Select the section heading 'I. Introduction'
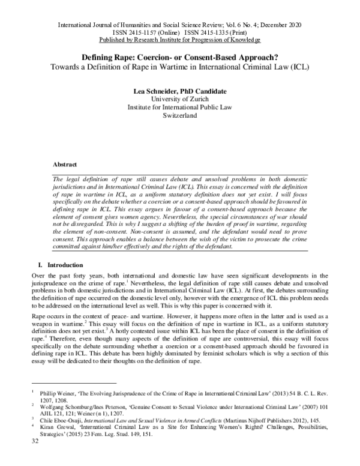tap(59, 265)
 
